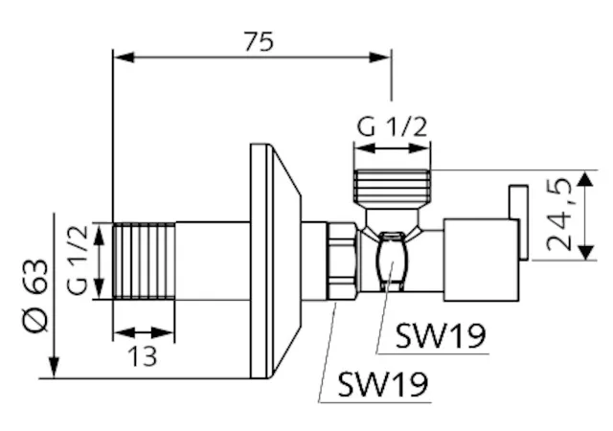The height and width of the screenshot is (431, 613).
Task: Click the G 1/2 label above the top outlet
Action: click(391, 126)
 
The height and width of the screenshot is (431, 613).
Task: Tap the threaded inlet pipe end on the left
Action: click(145, 261)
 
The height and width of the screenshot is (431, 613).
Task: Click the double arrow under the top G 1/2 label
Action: click(391, 148)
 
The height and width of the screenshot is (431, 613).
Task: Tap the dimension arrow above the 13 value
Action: click(144, 333)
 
